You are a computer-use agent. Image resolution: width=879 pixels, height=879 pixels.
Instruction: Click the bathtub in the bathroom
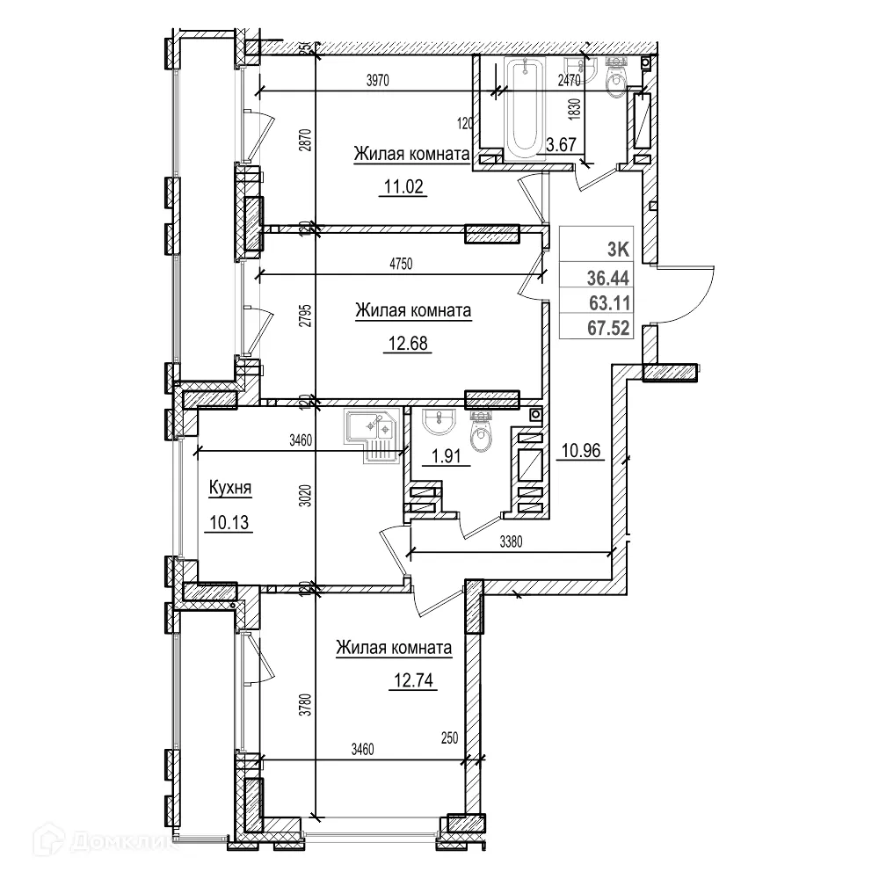pyautogui.click(x=527, y=106)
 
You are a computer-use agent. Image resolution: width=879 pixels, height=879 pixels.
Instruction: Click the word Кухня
pyautogui.click(x=230, y=488)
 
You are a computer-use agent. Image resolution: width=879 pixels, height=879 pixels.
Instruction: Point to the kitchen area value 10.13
pyautogui.click(x=230, y=524)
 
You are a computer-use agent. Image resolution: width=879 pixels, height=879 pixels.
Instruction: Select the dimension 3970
pyautogui.click(x=377, y=80)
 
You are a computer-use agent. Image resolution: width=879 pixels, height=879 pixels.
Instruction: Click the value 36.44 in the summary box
pyautogui.click(x=610, y=279)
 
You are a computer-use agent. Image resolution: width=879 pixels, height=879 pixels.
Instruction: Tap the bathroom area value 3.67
pyautogui.click(x=560, y=145)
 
